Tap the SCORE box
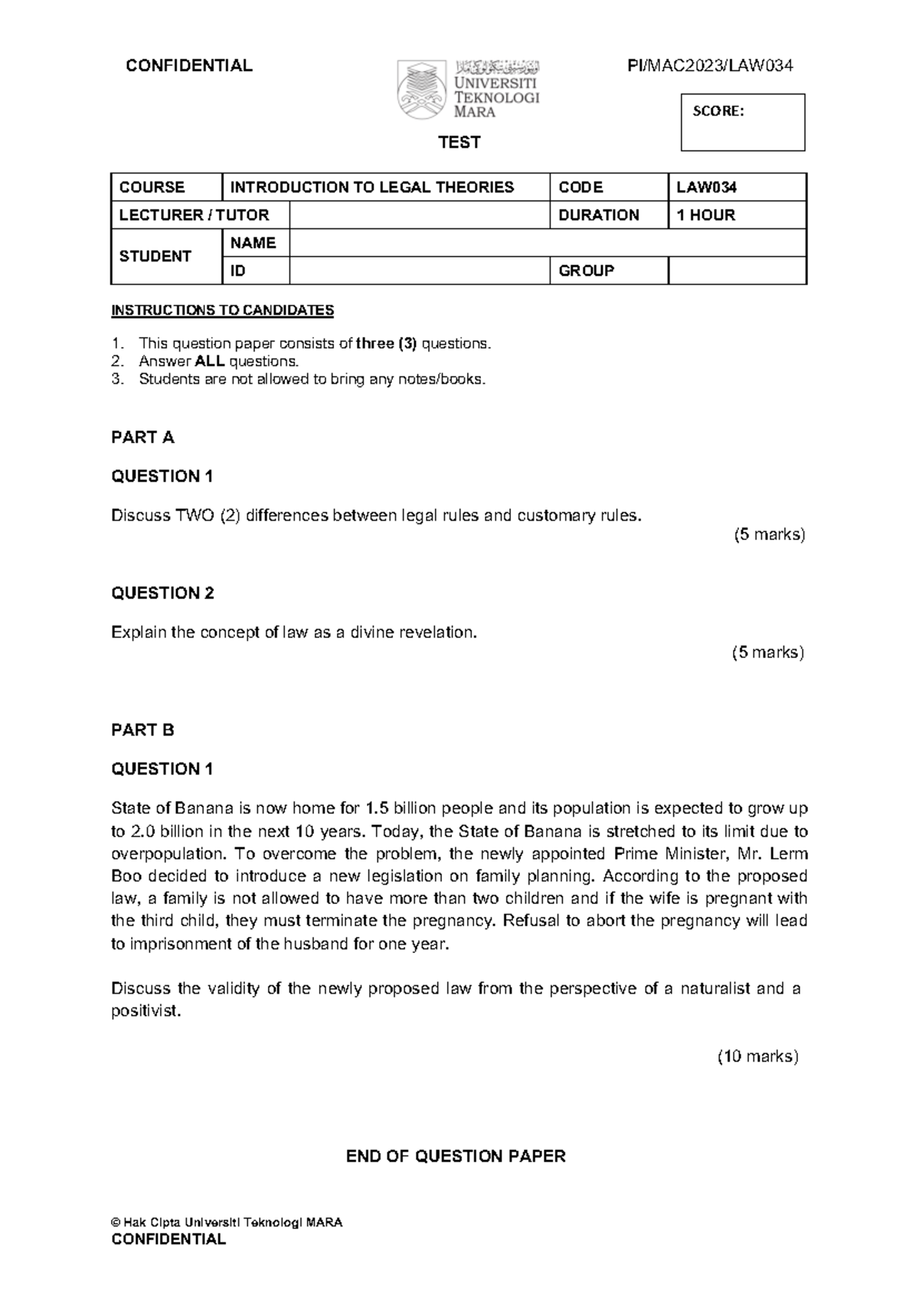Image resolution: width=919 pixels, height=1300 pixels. tap(742, 122)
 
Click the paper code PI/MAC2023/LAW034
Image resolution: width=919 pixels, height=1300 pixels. tap(710, 66)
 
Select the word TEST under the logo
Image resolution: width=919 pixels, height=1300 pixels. tap(459, 142)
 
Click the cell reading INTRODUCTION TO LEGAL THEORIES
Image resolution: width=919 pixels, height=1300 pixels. tap(372, 188)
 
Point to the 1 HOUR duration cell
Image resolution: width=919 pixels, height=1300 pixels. tap(705, 215)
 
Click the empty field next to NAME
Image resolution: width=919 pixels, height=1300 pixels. tap(547, 244)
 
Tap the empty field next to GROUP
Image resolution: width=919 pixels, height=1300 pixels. tap(737, 271)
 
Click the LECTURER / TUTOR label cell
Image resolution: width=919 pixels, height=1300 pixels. tap(194, 215)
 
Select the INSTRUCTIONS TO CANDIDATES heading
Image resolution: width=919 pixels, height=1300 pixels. tap(222, 310)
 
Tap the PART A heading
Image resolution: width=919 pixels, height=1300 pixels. tap(142, 437)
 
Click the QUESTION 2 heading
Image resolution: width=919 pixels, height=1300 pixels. tap(162, 593)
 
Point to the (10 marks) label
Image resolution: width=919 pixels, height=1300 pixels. tap(757, 1056)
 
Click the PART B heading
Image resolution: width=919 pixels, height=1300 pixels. tap(142, 730)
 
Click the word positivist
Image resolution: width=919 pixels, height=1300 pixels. tap(146, 1011)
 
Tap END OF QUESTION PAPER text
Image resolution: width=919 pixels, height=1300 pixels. tap(456, 1156)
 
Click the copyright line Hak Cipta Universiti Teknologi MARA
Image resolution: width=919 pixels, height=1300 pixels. tap(227, 1223)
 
